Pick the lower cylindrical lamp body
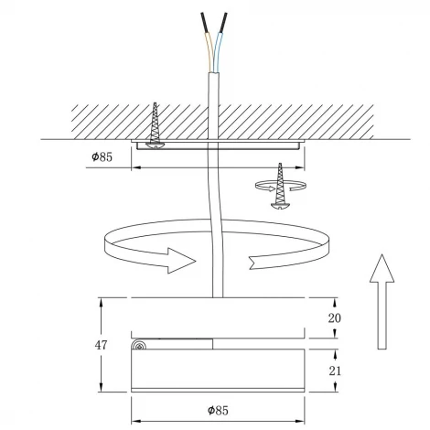coord(217,370)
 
